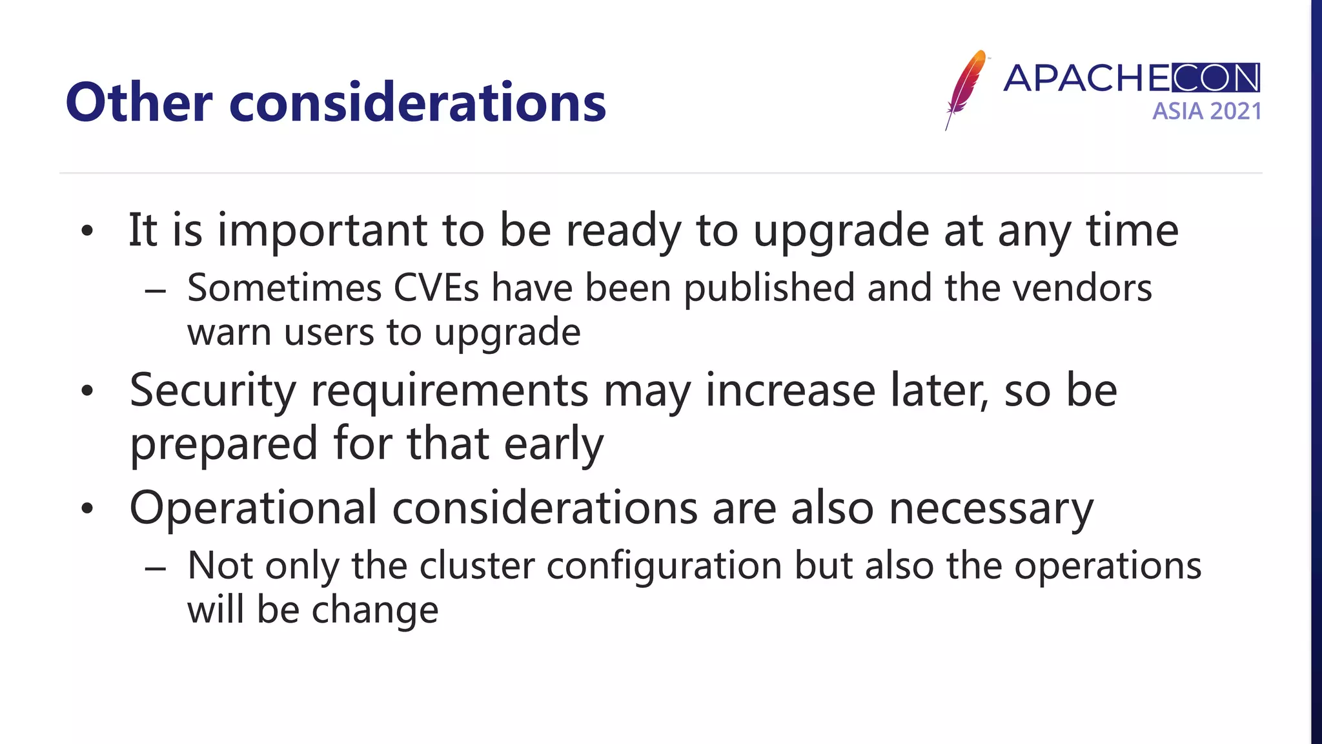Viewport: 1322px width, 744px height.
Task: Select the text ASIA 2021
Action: click(1206, 111)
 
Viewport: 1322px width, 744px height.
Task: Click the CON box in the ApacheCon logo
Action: click(1215, 78)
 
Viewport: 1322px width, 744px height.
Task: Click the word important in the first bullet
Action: click(322, 231)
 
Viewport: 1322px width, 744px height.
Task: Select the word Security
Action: click(212, 391)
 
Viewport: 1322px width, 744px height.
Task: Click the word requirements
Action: click(449, 391)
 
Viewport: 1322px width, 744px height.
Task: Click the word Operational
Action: click(253, 508)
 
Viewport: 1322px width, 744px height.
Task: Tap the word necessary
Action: click(991, 509)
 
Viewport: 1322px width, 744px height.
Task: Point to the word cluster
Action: click(476, 566)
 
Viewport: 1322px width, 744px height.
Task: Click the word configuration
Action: click(664, 567)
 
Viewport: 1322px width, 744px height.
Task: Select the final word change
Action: click(375, 610)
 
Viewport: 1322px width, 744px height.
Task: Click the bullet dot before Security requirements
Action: click(88, 391)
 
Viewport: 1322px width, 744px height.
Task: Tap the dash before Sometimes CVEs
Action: click(156, 292)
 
